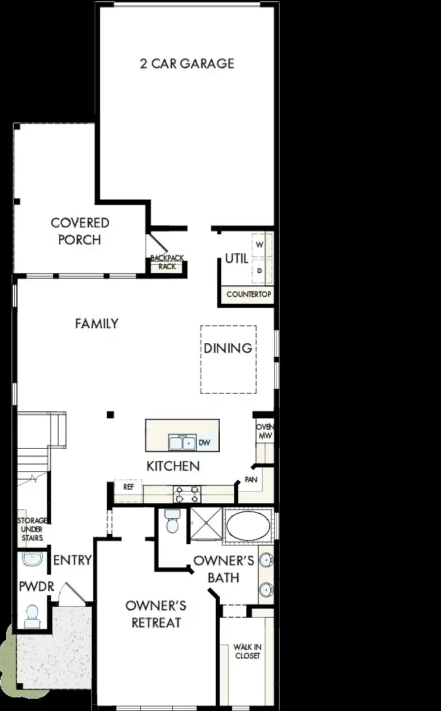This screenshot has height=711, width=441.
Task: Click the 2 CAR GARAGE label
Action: pos(186,63)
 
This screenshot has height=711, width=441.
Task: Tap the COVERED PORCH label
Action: pos(80,231)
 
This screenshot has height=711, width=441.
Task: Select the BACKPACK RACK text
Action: pos(167,263)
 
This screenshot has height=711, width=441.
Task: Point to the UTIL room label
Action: pos(236,259)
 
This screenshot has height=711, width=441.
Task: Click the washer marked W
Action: pos(259,244)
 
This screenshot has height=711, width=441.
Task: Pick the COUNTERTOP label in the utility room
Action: pos(248,295)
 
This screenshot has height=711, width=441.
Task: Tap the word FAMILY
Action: pos(97,323)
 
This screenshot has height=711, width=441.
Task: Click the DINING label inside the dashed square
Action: pos(228,348)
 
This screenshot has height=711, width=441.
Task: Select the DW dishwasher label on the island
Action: pos(204,443)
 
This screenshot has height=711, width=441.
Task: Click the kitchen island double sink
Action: pos(182,443)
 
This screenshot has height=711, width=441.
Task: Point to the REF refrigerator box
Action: pos(129,488)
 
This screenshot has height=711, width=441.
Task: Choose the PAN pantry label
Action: pos(250,479)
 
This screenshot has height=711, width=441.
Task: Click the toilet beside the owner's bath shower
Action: pos(172,522)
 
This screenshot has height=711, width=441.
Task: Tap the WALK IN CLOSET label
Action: pos(247,651)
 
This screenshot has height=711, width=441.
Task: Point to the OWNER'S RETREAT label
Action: pos(156,614)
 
